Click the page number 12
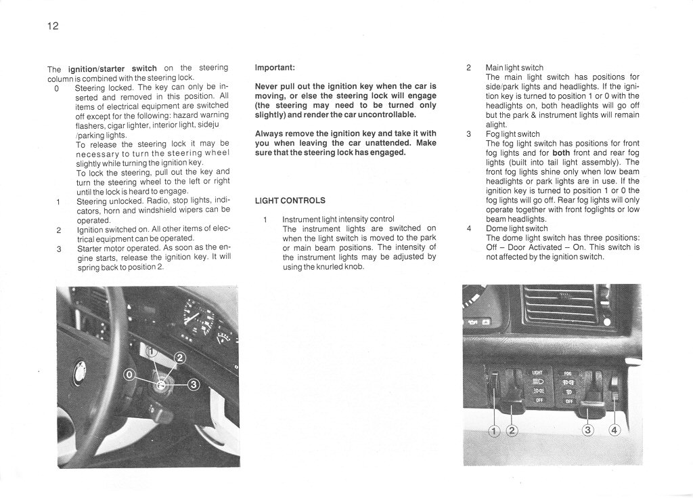point(53,26)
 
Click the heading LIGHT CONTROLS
point(290,201)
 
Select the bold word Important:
point(275,68)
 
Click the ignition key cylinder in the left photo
point(161,384)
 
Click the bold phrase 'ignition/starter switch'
point(112,68)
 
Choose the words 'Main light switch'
point(514,68)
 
